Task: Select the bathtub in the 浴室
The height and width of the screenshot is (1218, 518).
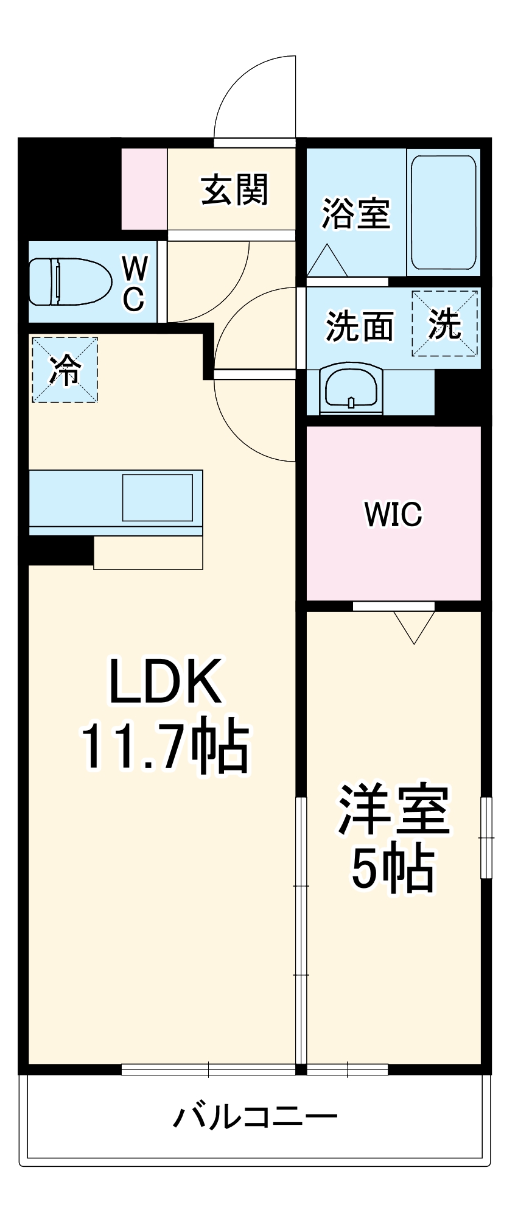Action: click(x=443, y=212)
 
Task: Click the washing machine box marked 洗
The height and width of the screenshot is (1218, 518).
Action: click(x=445, y=323)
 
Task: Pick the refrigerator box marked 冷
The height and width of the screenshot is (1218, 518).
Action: click(x=65, y=369)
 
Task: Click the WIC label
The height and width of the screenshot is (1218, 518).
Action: click(x=393, y=515)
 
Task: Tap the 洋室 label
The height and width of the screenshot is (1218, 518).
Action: click(x=394, y=810)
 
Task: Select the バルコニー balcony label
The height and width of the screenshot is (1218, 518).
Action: click(x=256, y=1117)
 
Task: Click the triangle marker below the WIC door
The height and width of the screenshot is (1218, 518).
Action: click(x=415, y=626)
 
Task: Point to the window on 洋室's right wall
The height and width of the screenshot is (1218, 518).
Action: click(x=486, y=837)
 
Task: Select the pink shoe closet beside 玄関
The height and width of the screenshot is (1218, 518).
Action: click(x=144, y=189)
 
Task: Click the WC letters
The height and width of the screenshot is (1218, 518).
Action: click(x=135, y=284)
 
